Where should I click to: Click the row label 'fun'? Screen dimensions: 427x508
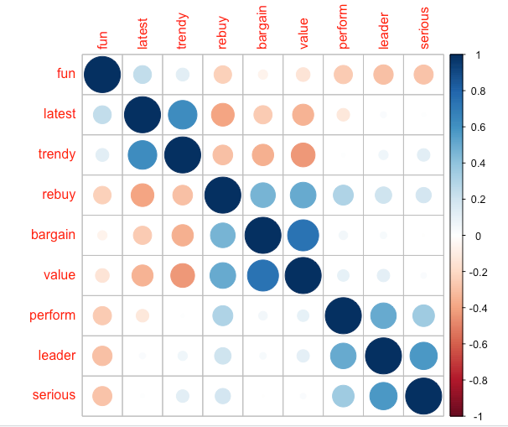tap(65, 74)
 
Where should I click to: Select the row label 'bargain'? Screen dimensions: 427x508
tap(54, 235)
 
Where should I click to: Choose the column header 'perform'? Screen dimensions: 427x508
tap(344, 30)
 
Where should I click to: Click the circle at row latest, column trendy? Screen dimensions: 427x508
tap(183, 115)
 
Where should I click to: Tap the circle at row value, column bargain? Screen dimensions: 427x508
tap(263, 275)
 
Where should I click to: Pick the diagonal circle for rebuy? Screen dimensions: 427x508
tap(223, 195)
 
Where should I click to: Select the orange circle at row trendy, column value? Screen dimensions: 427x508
tap(303, 155)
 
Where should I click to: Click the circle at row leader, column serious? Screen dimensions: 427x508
tap(423, 356)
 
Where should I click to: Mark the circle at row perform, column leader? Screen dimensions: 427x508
tap(383, 315)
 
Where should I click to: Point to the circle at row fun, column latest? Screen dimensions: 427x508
tap(143, 75)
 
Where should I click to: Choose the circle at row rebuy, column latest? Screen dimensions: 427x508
tap(143, 195)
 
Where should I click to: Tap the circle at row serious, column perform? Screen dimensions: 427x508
tap(343, 396)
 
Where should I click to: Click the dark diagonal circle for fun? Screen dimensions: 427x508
tap(102, 75)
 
